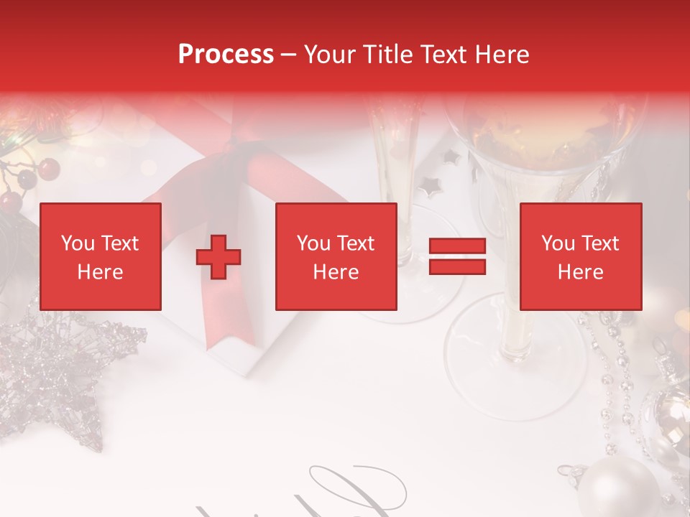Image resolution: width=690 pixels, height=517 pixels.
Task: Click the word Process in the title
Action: tap(226, 55)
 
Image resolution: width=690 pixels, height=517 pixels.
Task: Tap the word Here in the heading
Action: tap(501, 55)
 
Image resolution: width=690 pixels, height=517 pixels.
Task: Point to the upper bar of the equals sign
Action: tap(457, 246)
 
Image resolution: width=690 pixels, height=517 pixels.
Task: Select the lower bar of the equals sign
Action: tap(457, 267)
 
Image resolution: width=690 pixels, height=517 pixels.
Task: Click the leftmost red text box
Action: tap(101, 256)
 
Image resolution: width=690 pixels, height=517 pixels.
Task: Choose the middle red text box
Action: tap(336, 256)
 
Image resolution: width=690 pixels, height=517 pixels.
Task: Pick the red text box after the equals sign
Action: tap(580, 256)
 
